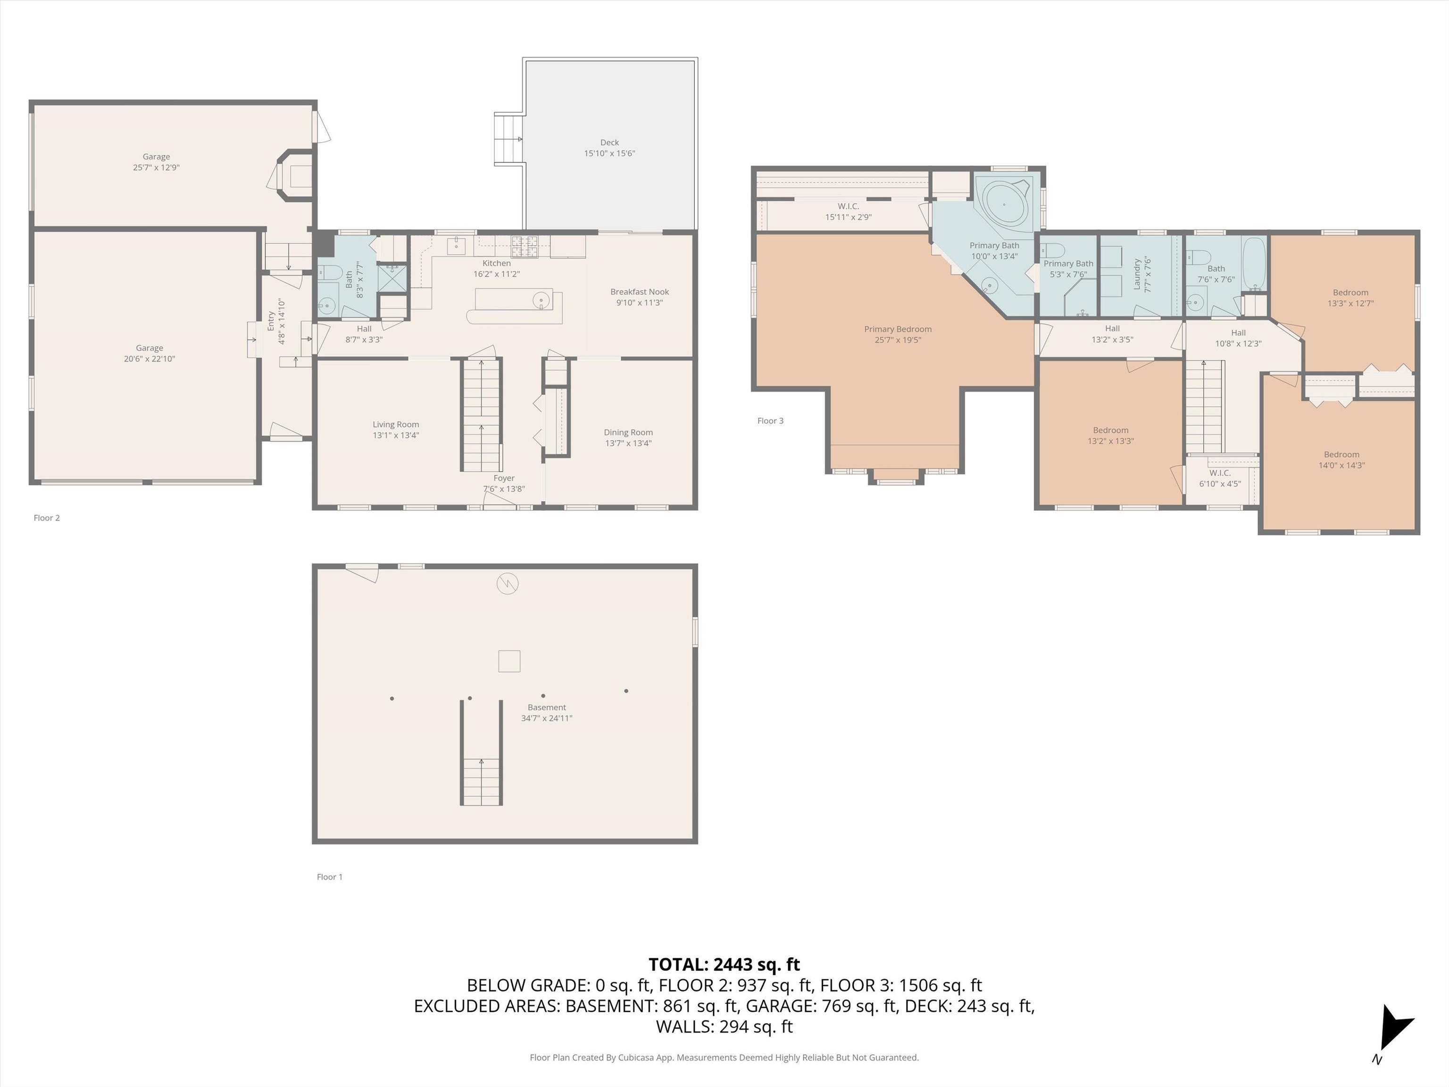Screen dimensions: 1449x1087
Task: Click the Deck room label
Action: tap(609, 142)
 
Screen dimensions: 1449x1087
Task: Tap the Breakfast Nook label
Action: tap(639, 292)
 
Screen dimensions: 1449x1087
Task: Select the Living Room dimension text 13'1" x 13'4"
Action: tap(396, 435)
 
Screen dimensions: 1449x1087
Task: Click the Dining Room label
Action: tap(628, 433)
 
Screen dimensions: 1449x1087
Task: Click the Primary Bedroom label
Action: tap(898, 329)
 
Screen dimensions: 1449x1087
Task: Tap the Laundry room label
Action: tap(1137, 275)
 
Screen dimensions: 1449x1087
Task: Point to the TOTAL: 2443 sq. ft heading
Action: tap(724, 964)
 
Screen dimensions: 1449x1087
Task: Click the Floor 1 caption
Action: tap(330, 877)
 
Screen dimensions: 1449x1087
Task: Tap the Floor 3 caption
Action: tap(770, 421)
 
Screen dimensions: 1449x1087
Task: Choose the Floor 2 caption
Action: tap(47, 518)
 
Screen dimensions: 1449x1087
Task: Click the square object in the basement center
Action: tap(509, 661)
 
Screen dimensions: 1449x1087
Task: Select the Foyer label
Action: tap(504, 478)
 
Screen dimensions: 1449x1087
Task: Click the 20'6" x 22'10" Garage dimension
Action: tap(150, 359)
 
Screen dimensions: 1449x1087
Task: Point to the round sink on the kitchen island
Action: tap(541, 301)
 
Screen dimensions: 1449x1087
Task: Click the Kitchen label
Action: tap(497, 263)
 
